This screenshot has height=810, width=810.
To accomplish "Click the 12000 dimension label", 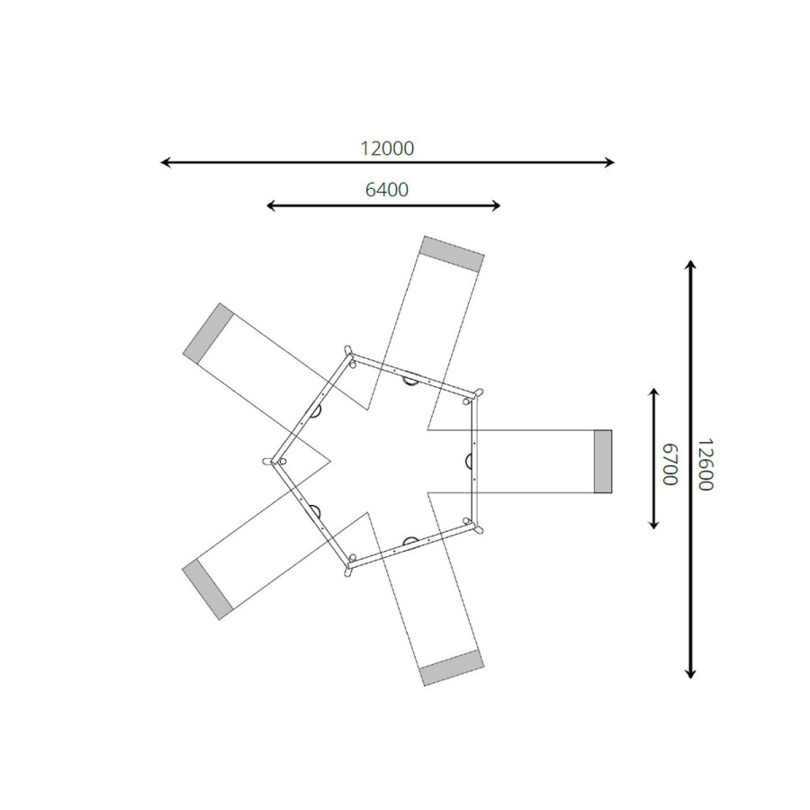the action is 387,148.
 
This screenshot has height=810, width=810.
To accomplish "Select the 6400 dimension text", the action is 387,190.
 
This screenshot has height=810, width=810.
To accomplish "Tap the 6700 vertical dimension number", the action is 670,463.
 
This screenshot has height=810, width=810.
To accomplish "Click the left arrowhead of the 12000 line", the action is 166,163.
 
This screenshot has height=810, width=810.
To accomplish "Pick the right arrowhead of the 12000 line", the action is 609,163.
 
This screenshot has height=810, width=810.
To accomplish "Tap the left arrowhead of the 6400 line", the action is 271,206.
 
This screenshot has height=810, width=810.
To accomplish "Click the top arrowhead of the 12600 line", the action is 690,265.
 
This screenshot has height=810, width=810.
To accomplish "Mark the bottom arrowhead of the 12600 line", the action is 690,673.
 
